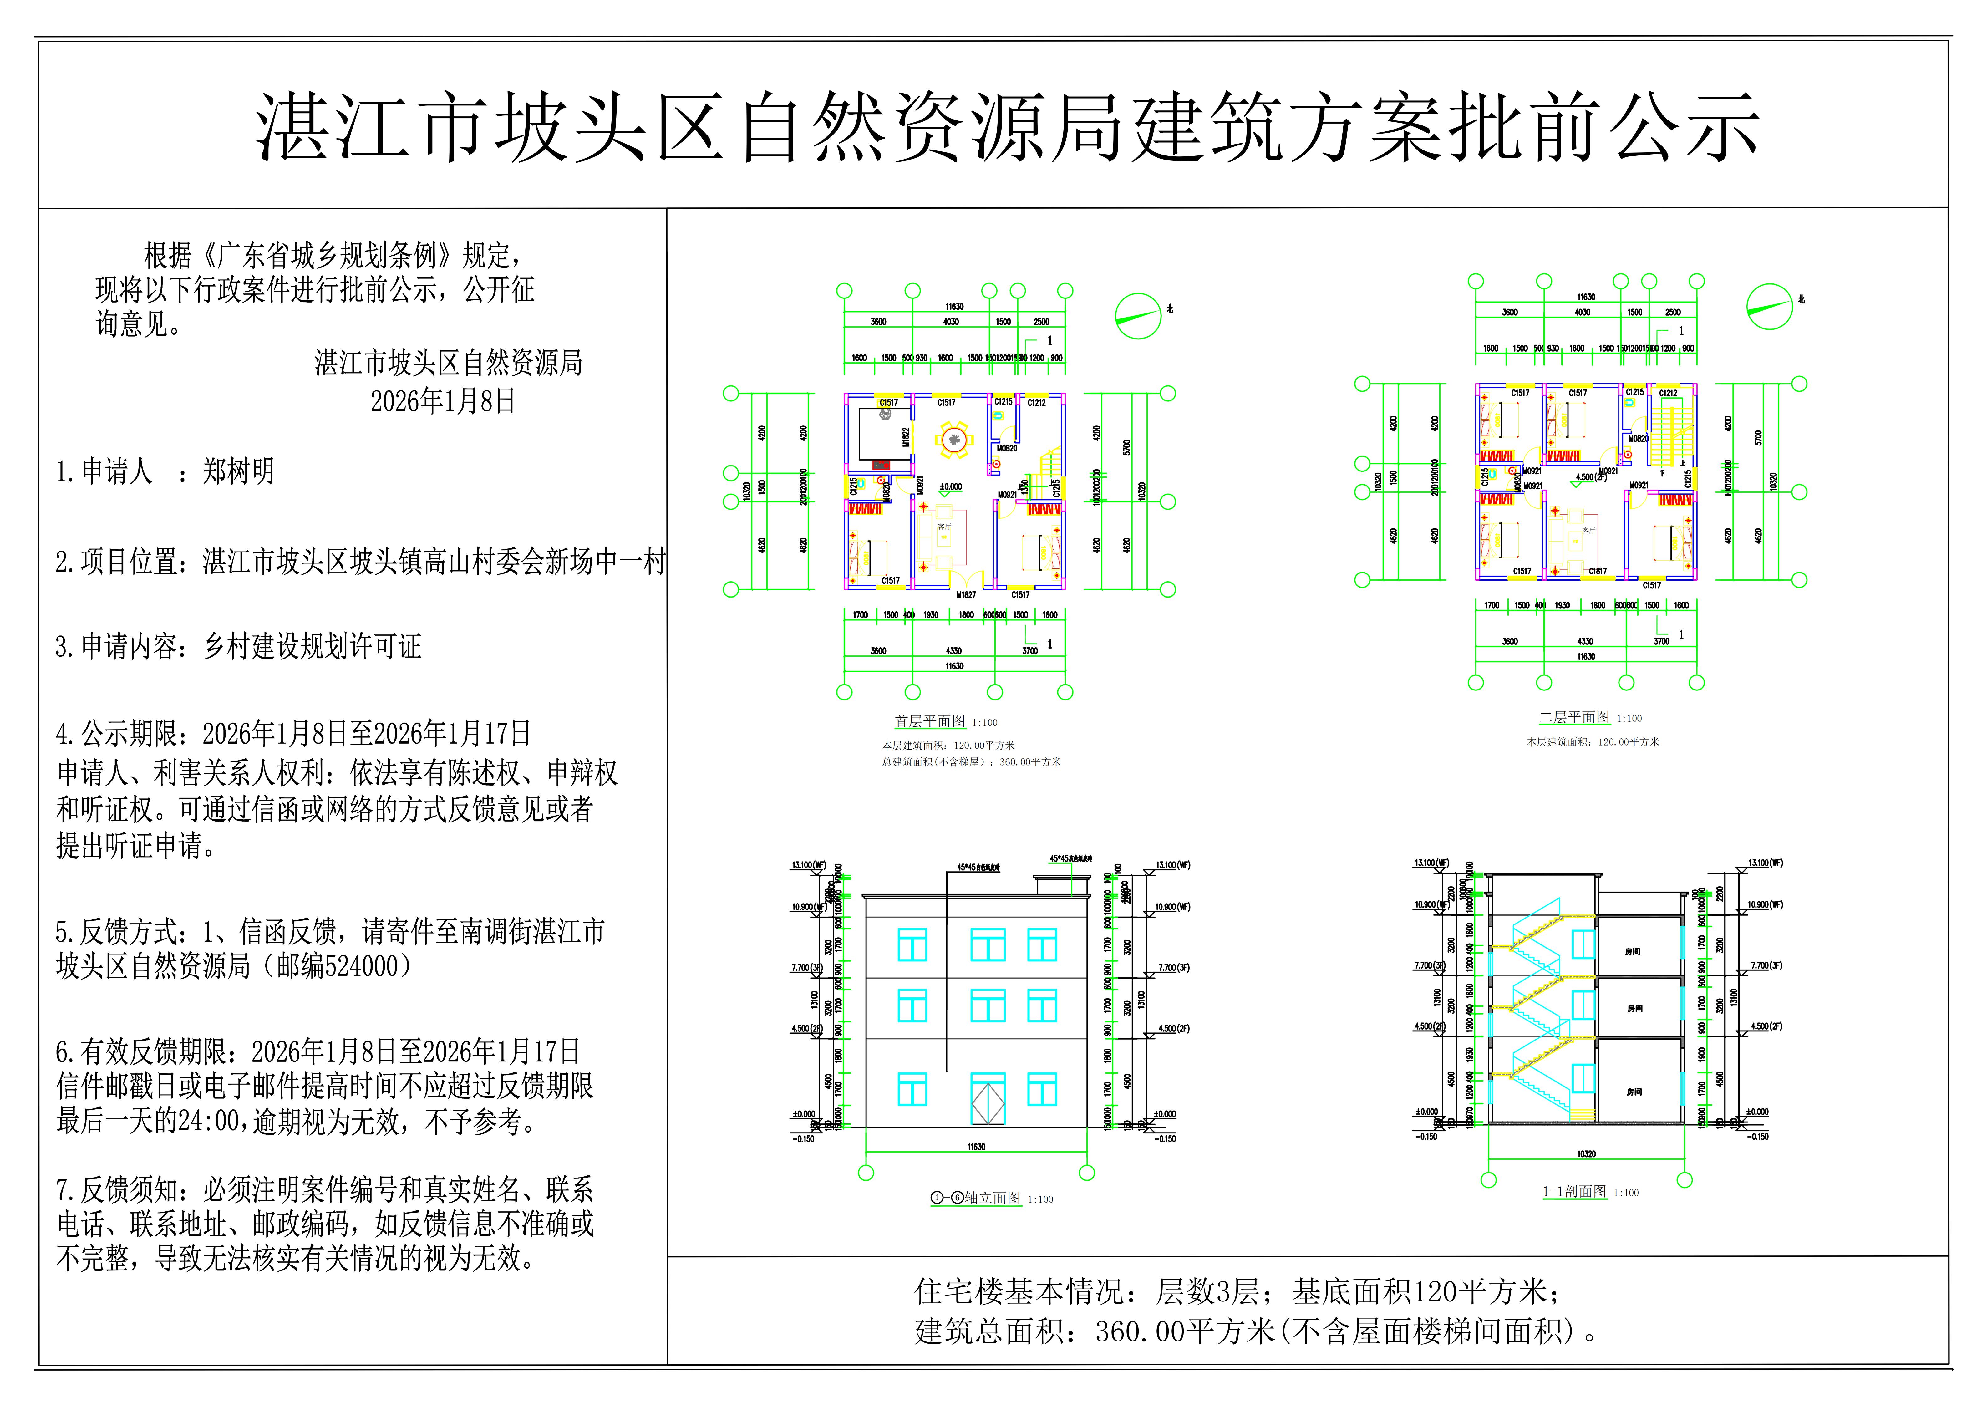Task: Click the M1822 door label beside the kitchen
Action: point(906,437)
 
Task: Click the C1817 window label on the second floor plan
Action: point(1598,571)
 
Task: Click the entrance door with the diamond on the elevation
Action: point(988,1099)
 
